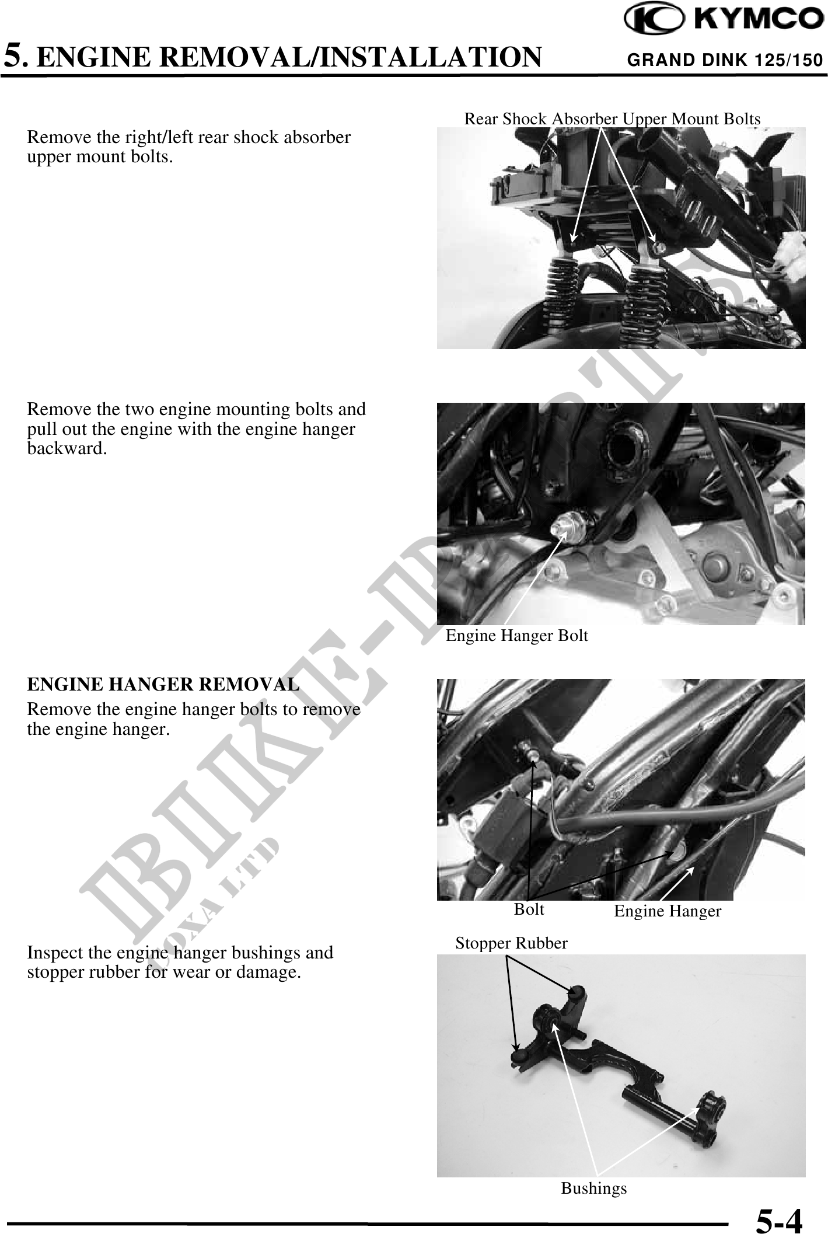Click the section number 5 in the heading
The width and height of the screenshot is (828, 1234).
pos(14,57)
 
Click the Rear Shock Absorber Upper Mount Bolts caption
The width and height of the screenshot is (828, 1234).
pos(612,119)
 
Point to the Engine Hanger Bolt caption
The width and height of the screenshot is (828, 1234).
pos(516,635)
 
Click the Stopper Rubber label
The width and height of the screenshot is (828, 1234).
pos(511,943)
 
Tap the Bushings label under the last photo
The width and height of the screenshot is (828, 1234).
pos(594,1188)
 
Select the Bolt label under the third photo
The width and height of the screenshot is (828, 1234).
pos(529,909)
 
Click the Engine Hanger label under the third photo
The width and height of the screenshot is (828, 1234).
pos(668,911)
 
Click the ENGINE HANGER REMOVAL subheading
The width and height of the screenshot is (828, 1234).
pos(163,684)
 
